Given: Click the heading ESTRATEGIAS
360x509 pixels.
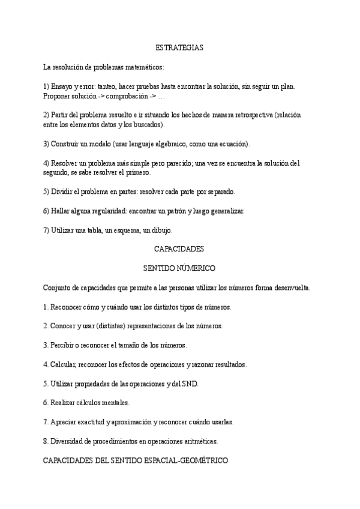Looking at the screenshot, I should click(x=179, y=47).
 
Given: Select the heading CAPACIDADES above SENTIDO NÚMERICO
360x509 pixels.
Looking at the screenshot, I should click(x=179, y=248).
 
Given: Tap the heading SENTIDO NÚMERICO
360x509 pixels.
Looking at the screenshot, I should click(x=179, y=268).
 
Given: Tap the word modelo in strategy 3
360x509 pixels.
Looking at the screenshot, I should click(x=100, y=144).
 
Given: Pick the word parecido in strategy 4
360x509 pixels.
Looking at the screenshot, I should click(x=173, y=163).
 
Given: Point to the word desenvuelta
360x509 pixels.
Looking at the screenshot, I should click(x=291, y=288).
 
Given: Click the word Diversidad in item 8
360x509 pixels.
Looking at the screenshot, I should click(x=67, y=441).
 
